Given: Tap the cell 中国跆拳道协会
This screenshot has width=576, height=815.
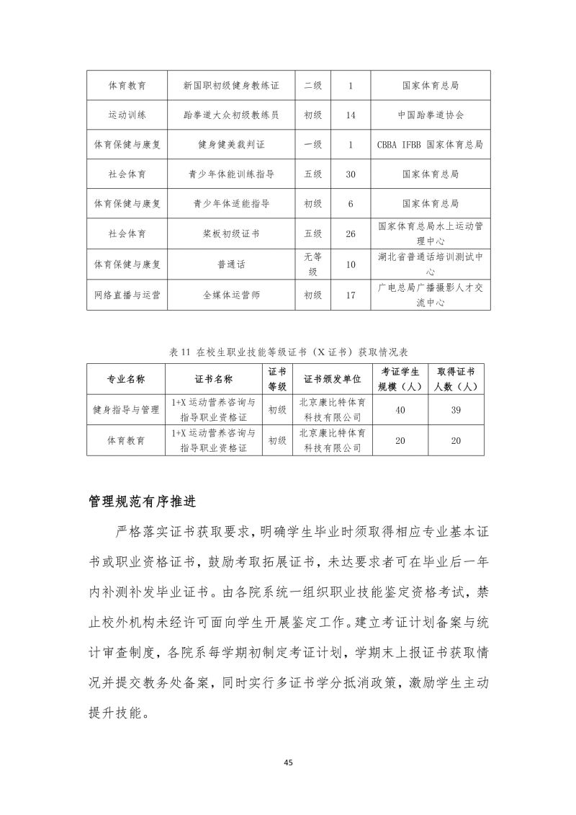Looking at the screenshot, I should [431, 115].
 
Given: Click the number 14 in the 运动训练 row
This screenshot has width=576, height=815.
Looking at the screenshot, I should [351, 115].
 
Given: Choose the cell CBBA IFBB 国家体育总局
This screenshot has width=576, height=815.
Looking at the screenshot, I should [431, 144].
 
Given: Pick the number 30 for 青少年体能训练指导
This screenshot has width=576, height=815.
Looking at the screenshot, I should [351, 174].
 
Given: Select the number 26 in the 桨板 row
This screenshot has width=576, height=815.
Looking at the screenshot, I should [351, 234].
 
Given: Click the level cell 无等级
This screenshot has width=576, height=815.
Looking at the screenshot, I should [313, 264].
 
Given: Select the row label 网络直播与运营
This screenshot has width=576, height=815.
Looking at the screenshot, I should [127, 295].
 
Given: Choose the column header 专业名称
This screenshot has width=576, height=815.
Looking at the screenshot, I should [127, 379].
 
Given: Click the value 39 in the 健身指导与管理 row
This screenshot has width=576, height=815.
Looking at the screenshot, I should [456, 409].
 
